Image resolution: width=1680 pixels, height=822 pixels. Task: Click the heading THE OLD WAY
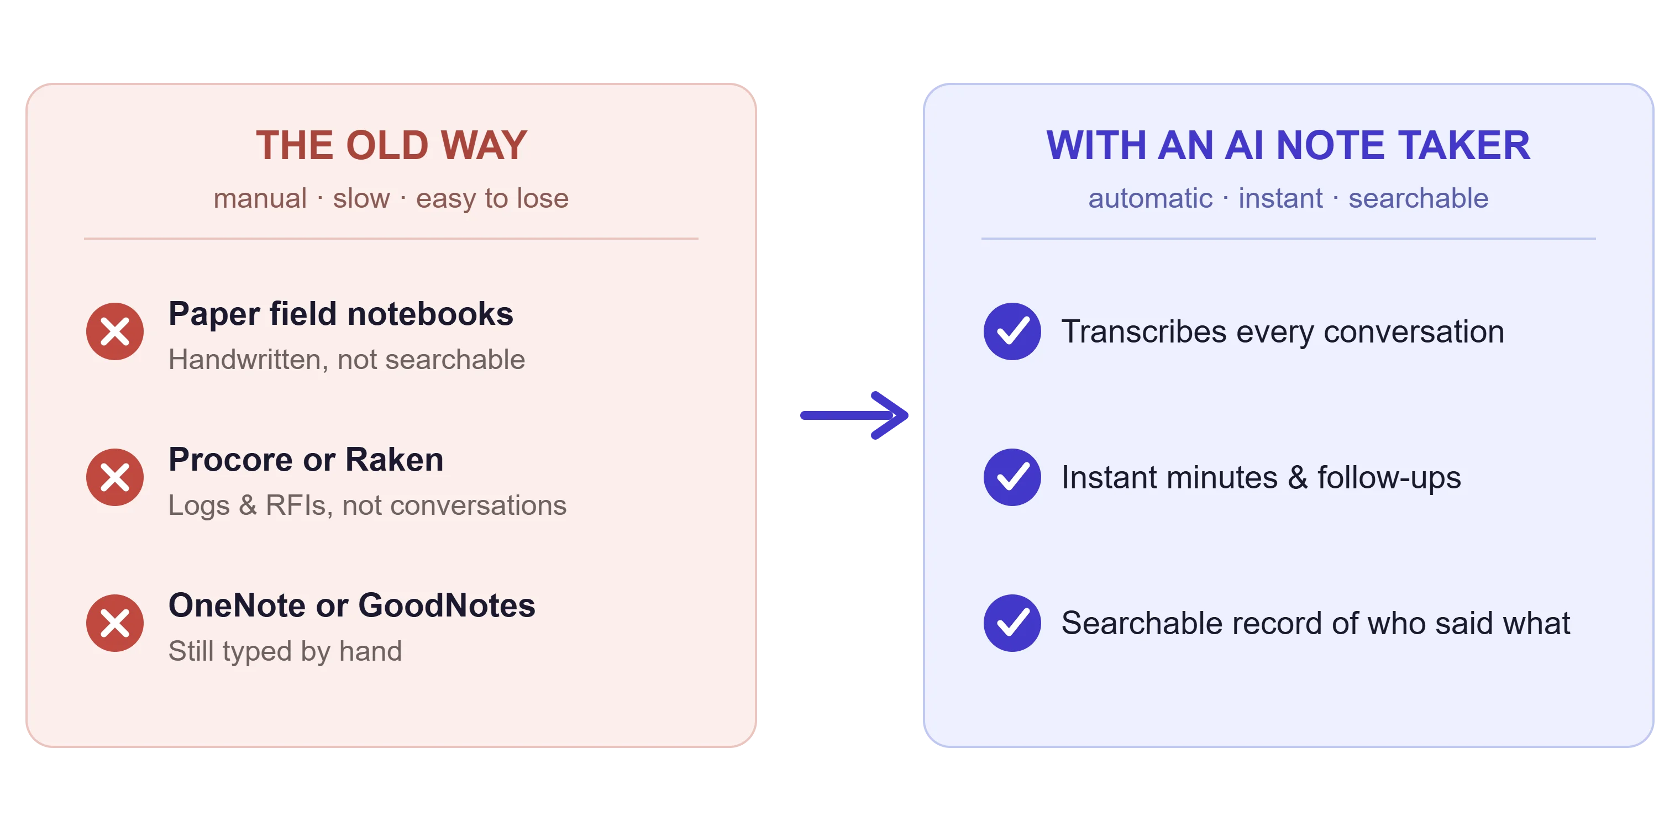point(391,145)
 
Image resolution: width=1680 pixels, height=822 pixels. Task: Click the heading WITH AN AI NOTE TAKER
point(1288,145)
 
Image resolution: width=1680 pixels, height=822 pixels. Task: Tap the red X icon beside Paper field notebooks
point(115,331)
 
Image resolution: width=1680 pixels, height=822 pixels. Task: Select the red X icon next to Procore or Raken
point(115,477)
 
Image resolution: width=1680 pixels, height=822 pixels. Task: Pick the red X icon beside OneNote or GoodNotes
point(115,623)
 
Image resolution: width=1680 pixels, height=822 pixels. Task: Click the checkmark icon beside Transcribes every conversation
point(1012,331)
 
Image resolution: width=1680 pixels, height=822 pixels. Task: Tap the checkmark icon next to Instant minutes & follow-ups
point(1012,477)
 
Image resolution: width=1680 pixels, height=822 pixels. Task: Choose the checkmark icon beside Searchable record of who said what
point(1012,623)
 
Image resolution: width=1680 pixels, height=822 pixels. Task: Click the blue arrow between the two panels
point(854,415)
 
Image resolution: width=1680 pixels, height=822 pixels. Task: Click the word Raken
point(395,460)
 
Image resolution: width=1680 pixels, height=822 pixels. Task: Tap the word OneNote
point(238,605)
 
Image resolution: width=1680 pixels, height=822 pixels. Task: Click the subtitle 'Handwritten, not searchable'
point(347,360)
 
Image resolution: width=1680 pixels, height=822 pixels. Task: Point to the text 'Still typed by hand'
point(286,651)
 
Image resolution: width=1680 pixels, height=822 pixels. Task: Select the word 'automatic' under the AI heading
point(1151,198)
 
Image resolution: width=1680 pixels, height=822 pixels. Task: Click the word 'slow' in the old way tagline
point(361,198)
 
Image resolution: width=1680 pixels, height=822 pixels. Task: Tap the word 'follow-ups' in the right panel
point(1389,478)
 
